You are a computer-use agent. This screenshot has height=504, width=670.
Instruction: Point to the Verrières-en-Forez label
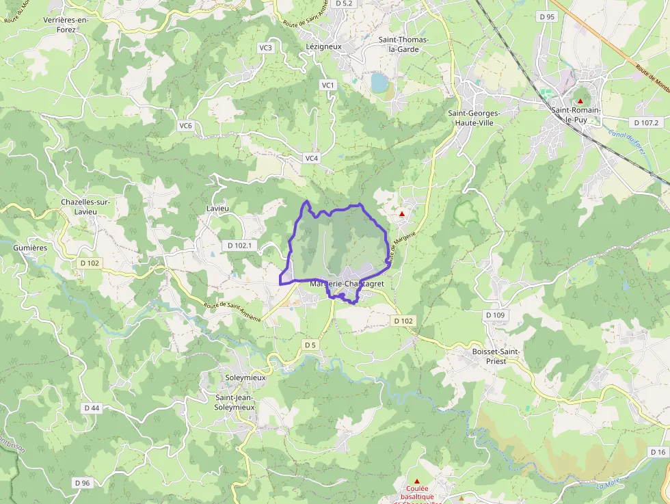coord(66,25)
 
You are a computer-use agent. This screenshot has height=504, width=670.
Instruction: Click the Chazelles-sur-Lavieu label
coord(85,207)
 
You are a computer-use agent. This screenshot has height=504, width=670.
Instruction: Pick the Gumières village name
coord(30,248)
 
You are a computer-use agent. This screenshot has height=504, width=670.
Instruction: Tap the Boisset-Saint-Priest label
coord(496,356)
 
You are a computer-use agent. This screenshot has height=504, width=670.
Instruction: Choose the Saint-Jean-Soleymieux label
coord(235,402)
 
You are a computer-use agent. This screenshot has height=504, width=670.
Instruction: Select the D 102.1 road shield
coord(239,245)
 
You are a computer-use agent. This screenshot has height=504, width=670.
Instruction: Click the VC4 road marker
coord(311,158)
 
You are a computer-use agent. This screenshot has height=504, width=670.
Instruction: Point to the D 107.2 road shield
coord(646,123)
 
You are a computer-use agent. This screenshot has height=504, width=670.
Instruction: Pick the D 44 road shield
coord(92,408)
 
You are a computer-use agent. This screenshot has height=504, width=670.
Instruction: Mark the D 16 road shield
coord(658,452)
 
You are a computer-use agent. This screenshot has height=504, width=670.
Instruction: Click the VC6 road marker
coord(186,126)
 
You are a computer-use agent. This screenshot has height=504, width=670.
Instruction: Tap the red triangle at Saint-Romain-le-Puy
coord(580,101)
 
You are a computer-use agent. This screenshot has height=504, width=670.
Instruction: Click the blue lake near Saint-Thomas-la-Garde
coord(379,83)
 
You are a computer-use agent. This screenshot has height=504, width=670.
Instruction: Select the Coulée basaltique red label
coord(417,492)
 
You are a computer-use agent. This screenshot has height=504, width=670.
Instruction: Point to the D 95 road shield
coord(547,16)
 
